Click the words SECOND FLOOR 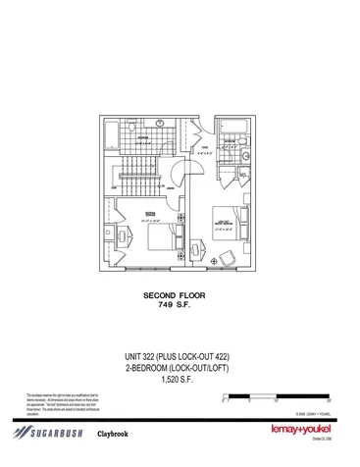[180, 294]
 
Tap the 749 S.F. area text [180, 305]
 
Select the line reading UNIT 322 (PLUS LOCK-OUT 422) [180, 355]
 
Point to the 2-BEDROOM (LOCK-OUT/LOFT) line [180, 368]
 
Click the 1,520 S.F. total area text [180, 381]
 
